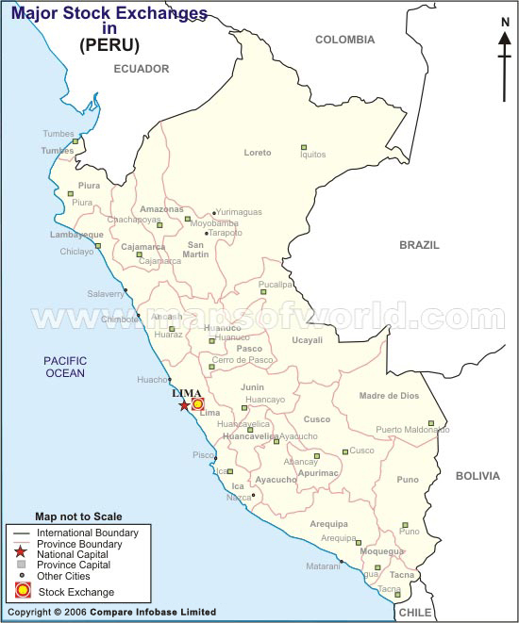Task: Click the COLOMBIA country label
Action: point(344,40)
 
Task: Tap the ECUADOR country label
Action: point(141,69)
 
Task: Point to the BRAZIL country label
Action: point(419,244)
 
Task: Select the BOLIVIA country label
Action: point(477,476)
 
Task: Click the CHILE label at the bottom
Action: point(414,613)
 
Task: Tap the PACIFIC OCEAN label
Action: point(64,367)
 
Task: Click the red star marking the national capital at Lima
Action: point(183,405)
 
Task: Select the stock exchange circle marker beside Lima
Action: point(198,404)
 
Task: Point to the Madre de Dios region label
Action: point(388,396)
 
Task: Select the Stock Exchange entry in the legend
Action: point(75,592)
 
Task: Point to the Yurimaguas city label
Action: point(240,212)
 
